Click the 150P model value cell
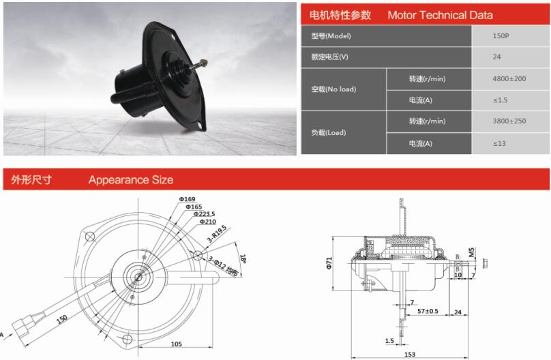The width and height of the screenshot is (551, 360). pos(501,35)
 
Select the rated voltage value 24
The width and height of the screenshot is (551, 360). pos(496,57)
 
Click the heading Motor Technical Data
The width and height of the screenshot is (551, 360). pos(440,15)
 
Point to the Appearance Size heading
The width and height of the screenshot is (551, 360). pos(130,180)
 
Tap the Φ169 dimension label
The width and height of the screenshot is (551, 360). pos(187,199)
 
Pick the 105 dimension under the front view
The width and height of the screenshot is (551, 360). pos(176,344)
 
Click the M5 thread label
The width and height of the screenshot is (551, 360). pos(490,262)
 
